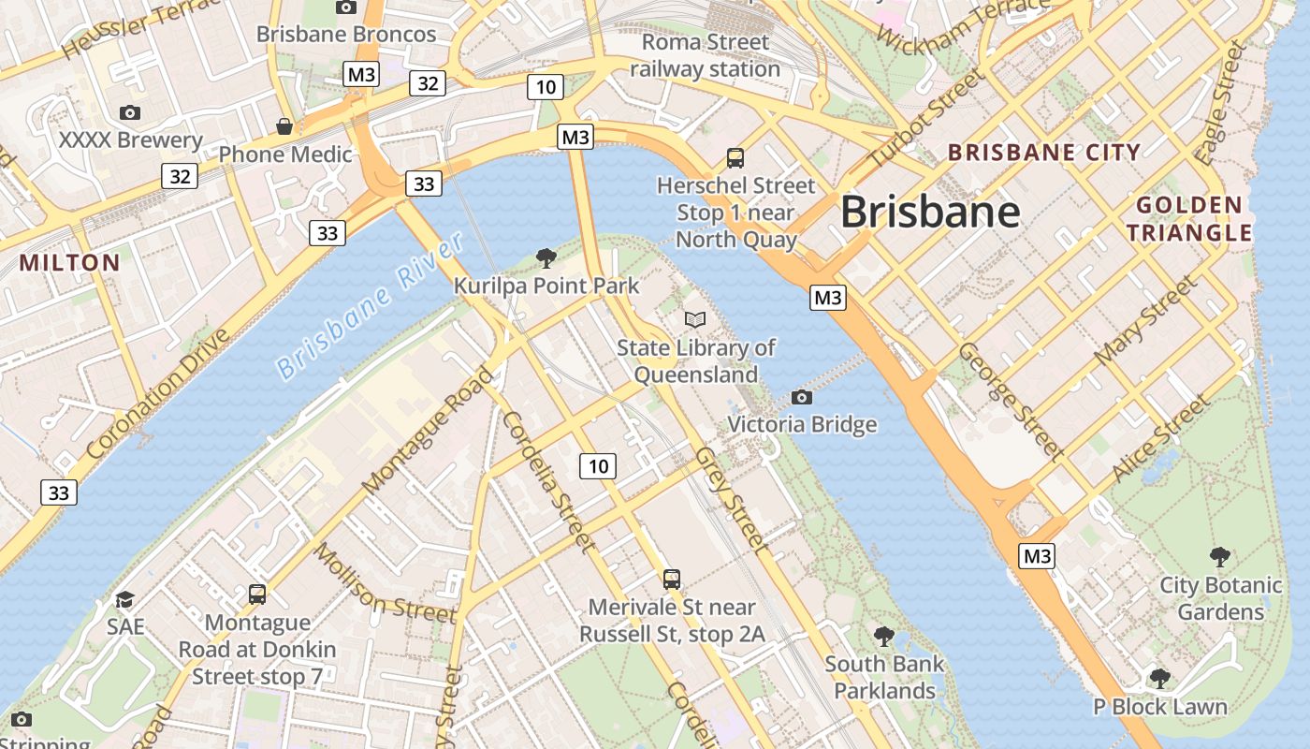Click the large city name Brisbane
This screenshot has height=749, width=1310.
coord(930,213)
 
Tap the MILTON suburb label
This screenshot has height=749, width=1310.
coord(70,263)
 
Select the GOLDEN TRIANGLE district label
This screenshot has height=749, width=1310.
coord(1189,219)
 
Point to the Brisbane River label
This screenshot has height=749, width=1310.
coord(371,305)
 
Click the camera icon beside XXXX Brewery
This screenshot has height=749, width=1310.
coord(130,113)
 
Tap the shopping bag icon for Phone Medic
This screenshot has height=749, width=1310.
coord(284,126)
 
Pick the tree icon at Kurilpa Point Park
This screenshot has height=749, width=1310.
coord(546,257)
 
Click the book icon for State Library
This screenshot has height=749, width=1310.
coord(695,319)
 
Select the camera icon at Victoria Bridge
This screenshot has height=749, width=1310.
coord(801,397)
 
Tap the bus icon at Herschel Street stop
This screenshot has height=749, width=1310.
coord(735,157)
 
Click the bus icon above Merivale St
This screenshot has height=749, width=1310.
coord(672,579)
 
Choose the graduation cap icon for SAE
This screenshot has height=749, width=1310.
coord(124,599)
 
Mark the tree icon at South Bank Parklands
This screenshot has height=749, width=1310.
coord(884,637)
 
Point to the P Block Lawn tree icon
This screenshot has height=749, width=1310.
coord(1160,678)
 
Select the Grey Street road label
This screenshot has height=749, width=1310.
coord(732,497)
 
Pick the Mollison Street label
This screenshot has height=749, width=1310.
coord(385,582)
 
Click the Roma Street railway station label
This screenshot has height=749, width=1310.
coord(705,55)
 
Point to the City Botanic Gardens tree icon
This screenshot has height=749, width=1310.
coord(1220,557)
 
